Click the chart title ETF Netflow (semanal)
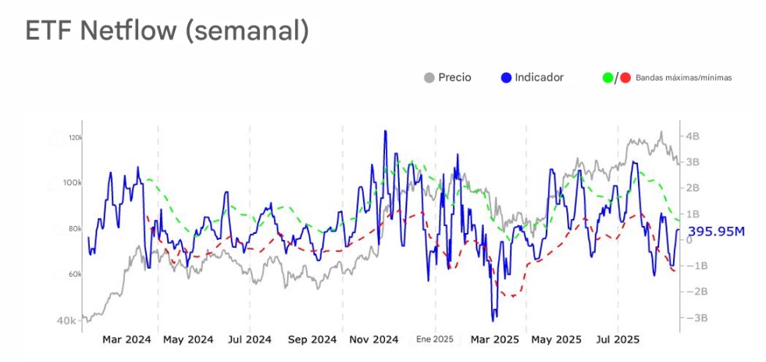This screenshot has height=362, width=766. click(x=167, y=30)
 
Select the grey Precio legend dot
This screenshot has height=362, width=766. click(x=429, y=77)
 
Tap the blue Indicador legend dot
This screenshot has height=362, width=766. click(x=506, y=77)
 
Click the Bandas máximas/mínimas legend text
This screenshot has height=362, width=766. click(x=683, y=78)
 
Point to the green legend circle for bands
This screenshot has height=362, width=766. click(x=608, y=77)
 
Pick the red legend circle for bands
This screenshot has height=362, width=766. click(x=625, y=77)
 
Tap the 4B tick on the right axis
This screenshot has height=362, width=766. click(x=693, y=136)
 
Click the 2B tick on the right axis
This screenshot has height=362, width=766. click(x=693, y=188)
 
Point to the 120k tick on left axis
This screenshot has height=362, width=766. click(x=75, y=138)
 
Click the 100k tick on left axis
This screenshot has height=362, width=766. click(x=73, y=183)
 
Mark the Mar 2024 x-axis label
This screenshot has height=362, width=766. click(x=126, y=340)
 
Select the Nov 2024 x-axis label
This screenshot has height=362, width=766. click(x=374, y=340)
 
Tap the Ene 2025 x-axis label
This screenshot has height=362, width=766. click(x=434, y=340)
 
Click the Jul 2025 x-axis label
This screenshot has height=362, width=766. click(x=618, y=340)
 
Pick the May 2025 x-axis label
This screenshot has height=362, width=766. click(x=556, y=340)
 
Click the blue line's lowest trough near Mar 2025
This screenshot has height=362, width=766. click(x=493, y=321)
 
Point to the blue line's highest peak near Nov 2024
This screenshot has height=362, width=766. click(x=385, y=131)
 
